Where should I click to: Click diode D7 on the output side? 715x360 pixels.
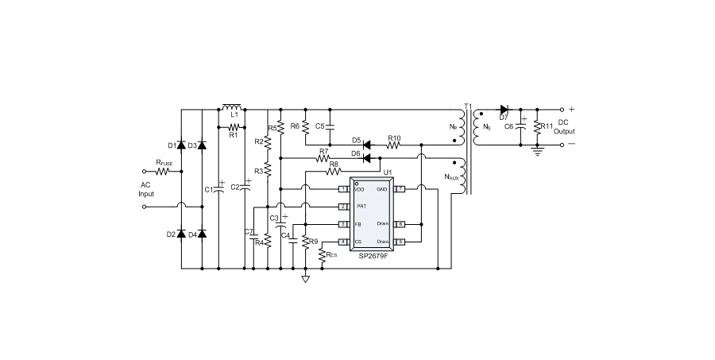504,109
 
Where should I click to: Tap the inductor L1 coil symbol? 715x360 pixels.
232,107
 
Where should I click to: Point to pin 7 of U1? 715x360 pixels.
401,188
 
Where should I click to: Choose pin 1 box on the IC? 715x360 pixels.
343,188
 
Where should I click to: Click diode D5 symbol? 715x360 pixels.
368,145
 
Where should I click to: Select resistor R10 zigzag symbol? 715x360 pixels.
394,145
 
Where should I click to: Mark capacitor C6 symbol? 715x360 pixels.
521,126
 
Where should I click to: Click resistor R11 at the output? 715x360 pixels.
537,127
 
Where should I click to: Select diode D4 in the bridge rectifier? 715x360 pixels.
202,234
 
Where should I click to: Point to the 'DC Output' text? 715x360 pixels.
564,127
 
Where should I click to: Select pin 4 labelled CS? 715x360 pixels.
343,242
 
